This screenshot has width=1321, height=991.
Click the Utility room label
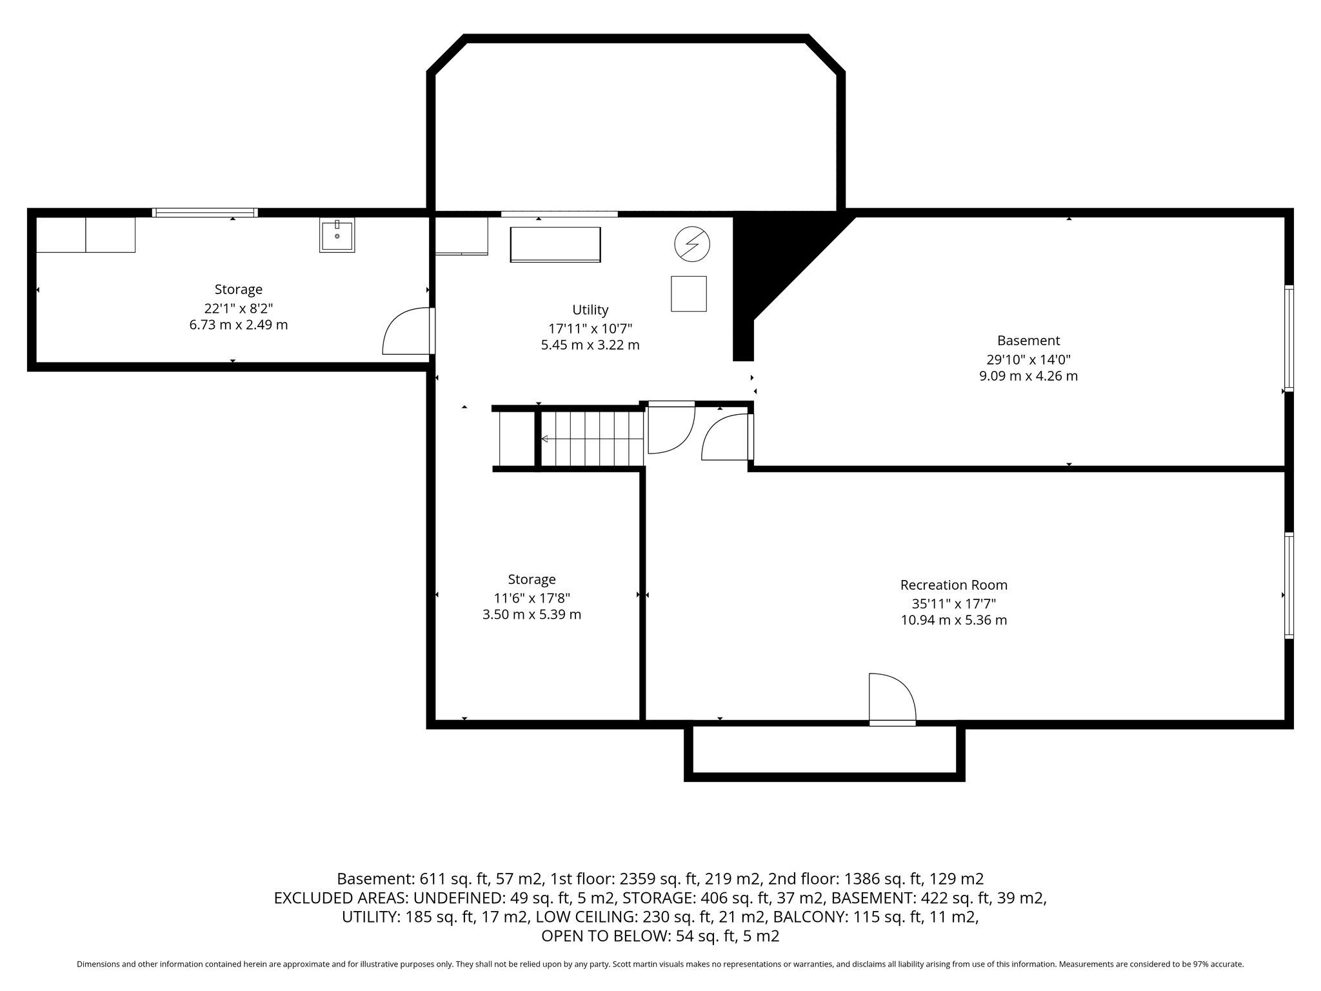pos(590,310)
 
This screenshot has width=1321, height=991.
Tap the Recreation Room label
pos(954,585)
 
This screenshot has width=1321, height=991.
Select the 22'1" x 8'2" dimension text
pos(239,308)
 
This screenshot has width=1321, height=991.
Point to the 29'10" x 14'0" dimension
pos(1029,359)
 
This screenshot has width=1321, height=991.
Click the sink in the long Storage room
pos(337,235)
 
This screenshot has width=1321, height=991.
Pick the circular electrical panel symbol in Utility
pos(692,245)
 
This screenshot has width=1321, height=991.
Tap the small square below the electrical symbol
pos(689,294)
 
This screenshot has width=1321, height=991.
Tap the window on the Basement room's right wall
pos(1289,338)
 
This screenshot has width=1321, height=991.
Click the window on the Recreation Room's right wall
pos(1289,585)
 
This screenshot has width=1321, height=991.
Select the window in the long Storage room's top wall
pos(205,212)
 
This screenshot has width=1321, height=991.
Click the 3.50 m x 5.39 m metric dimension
pos(532,614)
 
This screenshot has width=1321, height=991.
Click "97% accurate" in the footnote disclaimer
pos(1215,964)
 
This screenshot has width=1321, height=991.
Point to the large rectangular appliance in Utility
pos(555,245)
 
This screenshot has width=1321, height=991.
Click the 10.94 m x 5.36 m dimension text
pos(954,620)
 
